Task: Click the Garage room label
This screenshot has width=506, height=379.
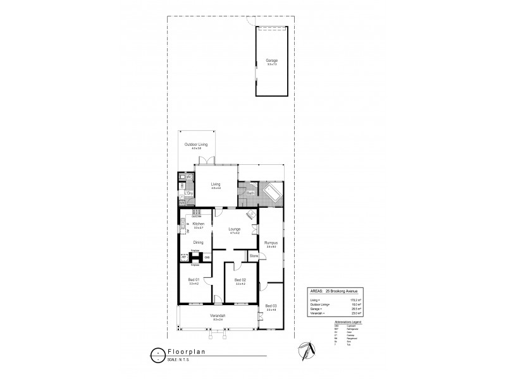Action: tap(271, 61)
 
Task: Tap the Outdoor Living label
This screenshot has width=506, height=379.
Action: tap(196, 145)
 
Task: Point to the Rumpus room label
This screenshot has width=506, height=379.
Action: tap(272, 242)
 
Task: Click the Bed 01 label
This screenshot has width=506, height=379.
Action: tap(194, 280)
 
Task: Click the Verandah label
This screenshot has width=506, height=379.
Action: tap(218, 315)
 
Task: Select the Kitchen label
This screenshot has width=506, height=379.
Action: tap(198, 224)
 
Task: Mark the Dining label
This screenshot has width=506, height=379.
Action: tap(197, 242)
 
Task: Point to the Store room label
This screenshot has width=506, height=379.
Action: tap(253, 256)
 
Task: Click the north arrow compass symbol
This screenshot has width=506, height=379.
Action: tap(305, 349)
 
